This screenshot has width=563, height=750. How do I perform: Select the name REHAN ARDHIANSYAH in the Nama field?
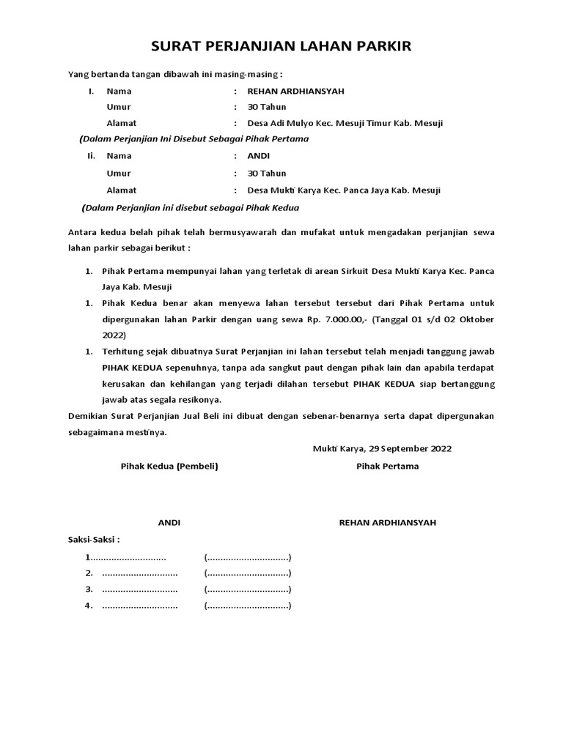tap(295, 92)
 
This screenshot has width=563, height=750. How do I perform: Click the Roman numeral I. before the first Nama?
tap(91, 92)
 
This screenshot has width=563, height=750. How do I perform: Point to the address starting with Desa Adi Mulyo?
tap(345, 123)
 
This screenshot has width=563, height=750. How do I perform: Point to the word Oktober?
tap(476, 319)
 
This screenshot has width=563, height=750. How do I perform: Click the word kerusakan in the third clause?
tap(122, 384)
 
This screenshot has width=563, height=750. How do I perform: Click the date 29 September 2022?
tap(409, 448)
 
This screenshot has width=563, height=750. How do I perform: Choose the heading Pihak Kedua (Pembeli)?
tap(169, 467)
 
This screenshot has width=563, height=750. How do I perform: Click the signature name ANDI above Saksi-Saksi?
tap(169, 523)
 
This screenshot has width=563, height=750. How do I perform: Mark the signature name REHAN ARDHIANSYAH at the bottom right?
tap(387, 523)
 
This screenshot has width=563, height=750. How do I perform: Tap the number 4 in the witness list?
tap(88, 605)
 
